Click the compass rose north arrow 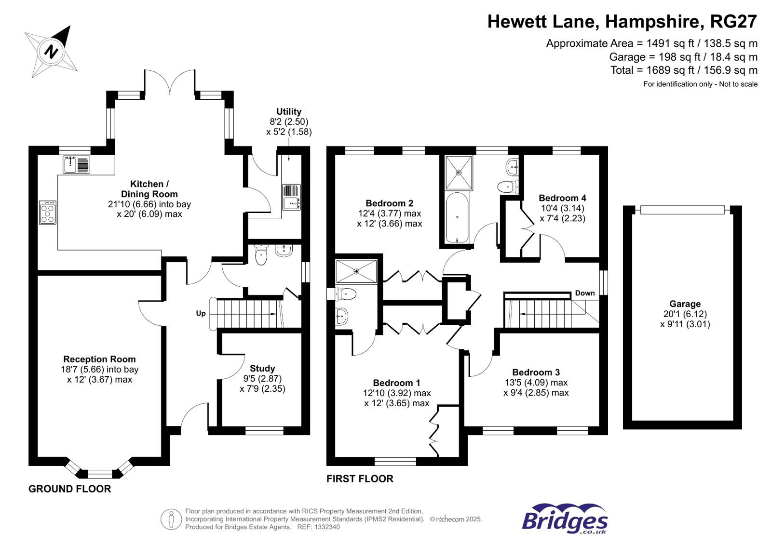click(x=52, y=51)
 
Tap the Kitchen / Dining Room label click(x=149, y=189)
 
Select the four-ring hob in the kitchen click(x=48, y=213)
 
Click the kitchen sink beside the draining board click(x=70, y=165)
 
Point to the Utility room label click(x=288, y=111)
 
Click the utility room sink click(x=291, y=203)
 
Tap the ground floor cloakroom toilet click(x=261, y=255)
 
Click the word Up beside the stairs click(x=201, y=313)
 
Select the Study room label click(x=262, y=368)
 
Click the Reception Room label click(x=99, y=359)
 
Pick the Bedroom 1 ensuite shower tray click(x=356, y=272)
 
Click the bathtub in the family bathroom click(x=457, y=217)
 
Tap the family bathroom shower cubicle click(x=459, y=173)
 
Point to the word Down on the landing click(x=584, y=293)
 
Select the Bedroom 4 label click(x=562, y=198)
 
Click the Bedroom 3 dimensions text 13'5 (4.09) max click(x=536, y=383)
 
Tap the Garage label click(x=685, y=304)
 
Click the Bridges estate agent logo click(x=565, y=518)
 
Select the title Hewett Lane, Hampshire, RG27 click(x=622, y=22)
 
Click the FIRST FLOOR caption click(x=360, y=479)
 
